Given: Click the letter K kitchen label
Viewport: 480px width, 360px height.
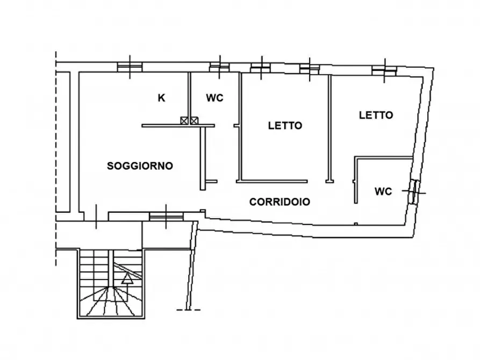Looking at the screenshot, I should pyautogui.click(x=161, y=98).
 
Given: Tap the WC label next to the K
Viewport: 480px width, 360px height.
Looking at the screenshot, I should pyautogui.click(x=214, y=98).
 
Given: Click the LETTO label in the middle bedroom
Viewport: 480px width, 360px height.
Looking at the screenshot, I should pyautogui.click(x=285, y=126).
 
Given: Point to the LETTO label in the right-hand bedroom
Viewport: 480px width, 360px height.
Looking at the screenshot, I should pyautogui.click(x=376, y=115).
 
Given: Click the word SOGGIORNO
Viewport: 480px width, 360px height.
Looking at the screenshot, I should pyautogui.click(x=140, y=166).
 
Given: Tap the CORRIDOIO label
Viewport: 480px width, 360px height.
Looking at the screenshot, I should pyautogui.click(x=280, y=202).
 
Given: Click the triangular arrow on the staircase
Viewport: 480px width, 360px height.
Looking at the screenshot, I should pyautogui.click(x=127, y=278).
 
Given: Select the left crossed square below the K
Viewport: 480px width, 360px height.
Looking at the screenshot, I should pyautogui.click(x=185, y=121).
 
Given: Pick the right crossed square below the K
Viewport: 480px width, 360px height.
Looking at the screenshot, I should pyautogui.click(x=194, y=121).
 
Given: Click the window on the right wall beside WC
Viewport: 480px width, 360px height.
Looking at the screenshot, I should pyautogui.click(x=414, y=191).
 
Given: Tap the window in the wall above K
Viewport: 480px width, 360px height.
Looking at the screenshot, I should pyautogui.click(x=130, y=67).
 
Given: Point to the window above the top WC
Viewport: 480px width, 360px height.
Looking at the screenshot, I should pyautogui.click(x=219, y=67).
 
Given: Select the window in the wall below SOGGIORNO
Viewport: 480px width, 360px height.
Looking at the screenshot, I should pyautogui.click(x=166, y=216).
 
